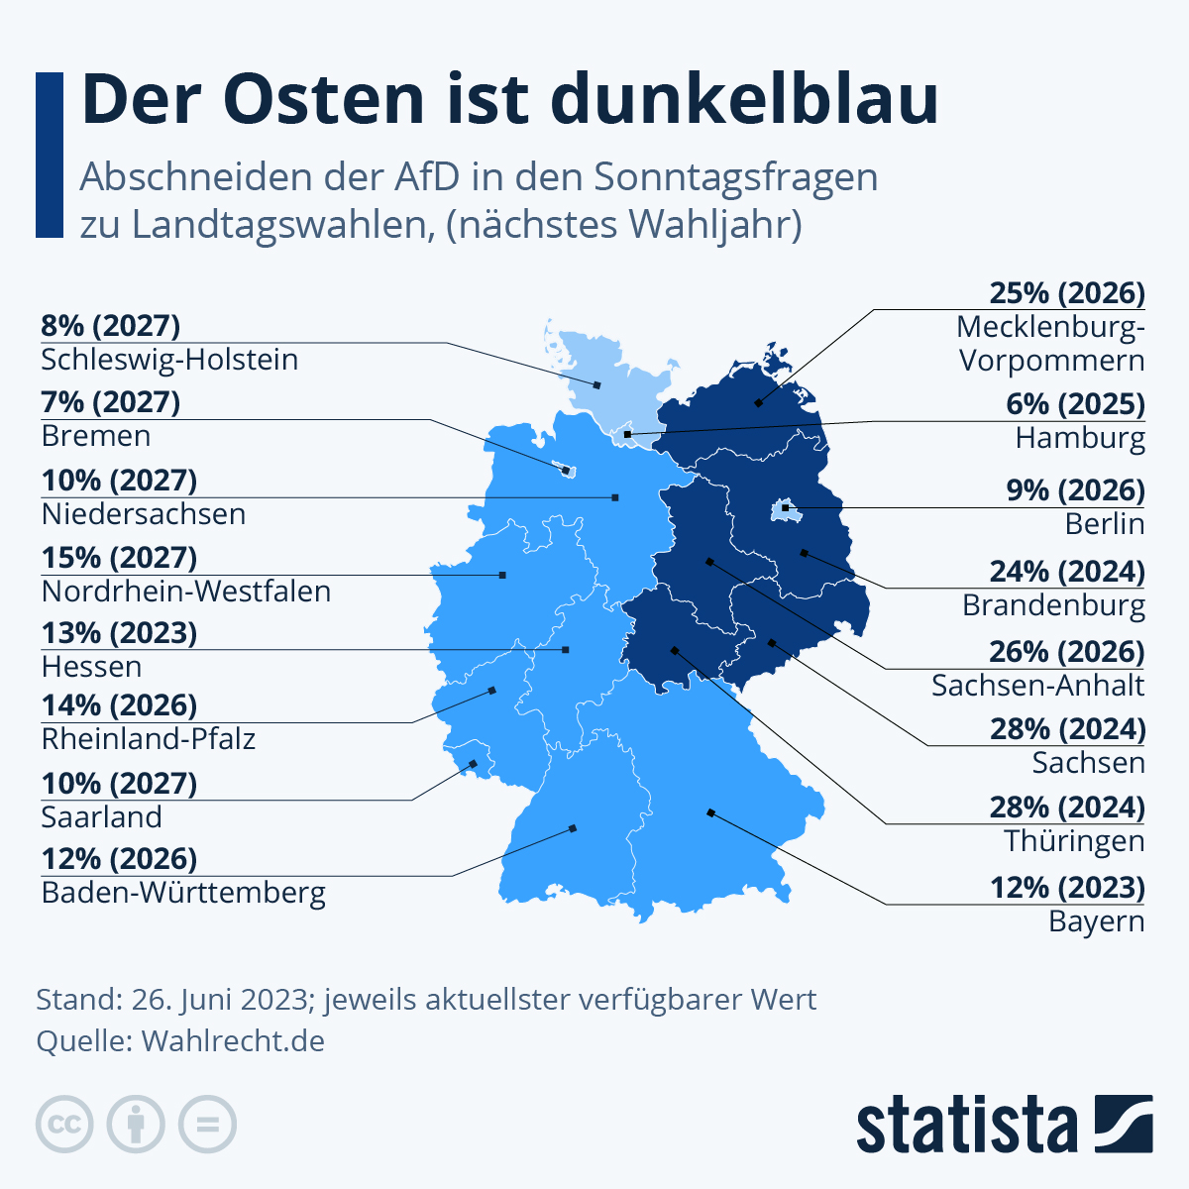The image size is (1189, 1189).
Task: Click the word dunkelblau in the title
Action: [x=743, y=99]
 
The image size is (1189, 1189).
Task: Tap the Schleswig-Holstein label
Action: [x=169, y=360]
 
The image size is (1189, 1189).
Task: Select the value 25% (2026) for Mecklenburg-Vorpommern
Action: [x=1067, y=293]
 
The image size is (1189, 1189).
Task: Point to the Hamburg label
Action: [x=1080, y=437]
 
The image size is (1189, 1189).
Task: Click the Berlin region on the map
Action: [x=785, y=511]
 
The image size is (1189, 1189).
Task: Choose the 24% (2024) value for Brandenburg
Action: [x=1067, y=572]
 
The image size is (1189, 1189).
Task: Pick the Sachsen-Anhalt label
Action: [x=1037, y=685]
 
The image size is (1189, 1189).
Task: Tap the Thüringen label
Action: [x=1074, y=841]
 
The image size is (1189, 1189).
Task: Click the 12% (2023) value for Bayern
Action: [x=1067, y=888]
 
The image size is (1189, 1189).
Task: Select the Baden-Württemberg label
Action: [x=183, y=893]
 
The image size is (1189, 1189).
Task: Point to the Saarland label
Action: [x=101, y=817]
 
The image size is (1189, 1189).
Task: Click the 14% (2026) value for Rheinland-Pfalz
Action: [x=119, y=705]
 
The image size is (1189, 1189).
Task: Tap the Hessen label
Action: [x=91, y=667]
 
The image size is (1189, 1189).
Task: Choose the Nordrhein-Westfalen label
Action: [x=186, y=592]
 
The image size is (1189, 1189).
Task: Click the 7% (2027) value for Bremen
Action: [x=110, y=402]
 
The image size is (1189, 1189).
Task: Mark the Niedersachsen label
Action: [x=144, y=514]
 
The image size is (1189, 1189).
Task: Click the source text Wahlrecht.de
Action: [x=233, y=1041]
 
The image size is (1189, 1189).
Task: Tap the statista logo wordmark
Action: [x=966, y=1125]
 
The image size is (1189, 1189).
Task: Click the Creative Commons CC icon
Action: [x=64, y=1125]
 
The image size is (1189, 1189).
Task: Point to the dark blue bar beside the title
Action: [x=50, y=155]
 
